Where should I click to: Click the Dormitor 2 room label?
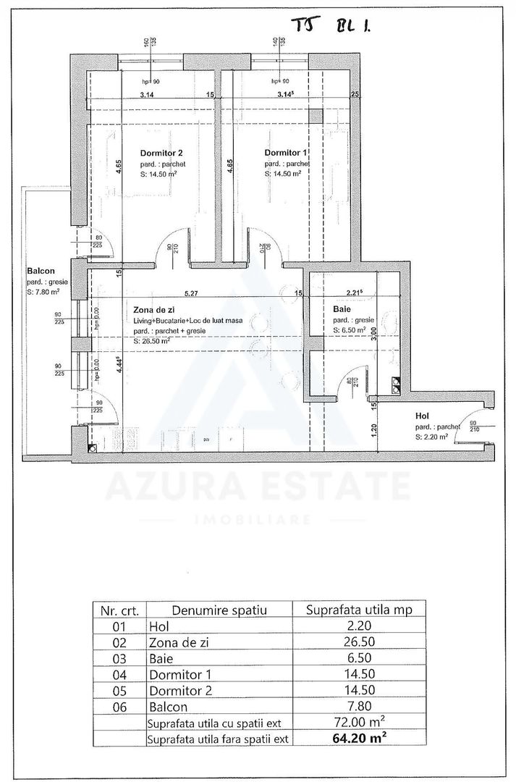[161, 153]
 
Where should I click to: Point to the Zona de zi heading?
[153, 309]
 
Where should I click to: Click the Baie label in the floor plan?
[342, 309]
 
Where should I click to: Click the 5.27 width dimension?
[191, 294]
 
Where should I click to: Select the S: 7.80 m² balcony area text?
[43, 292]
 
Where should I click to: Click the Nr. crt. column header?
[119, 610]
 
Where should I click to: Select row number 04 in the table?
[119, 674]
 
